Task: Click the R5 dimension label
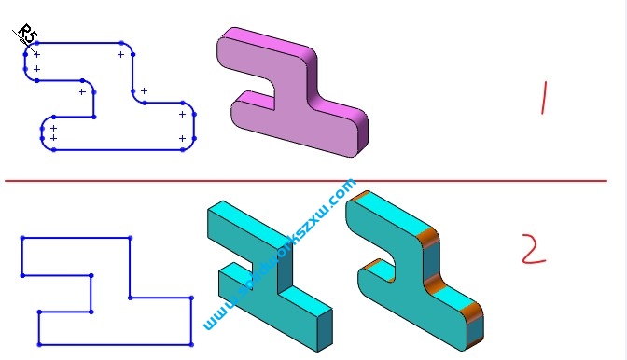point(28,36)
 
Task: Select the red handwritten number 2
point(532,250)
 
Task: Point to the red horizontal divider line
point(308,180)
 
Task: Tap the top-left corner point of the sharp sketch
point(21,239)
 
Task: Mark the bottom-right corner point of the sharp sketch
point(192,344)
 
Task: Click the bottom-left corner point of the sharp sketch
point(38,344)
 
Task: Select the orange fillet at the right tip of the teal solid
point(474,316)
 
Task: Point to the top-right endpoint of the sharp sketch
point(130,239)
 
